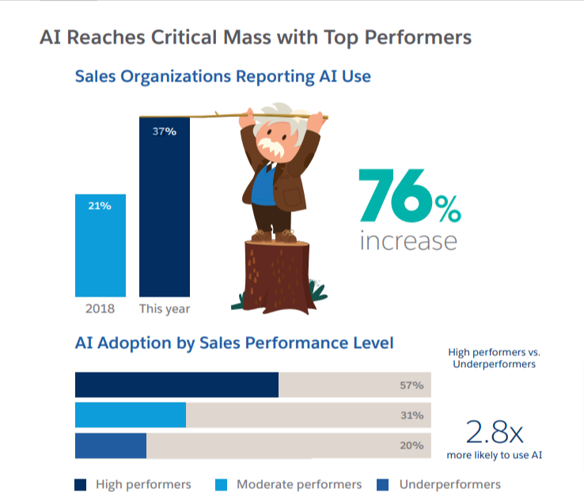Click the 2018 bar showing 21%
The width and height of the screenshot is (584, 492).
pos(100,245)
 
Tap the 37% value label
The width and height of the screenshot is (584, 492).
pos(164,131)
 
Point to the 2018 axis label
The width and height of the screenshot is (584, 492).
pos(100,308)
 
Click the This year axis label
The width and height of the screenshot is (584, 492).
pos(165,308)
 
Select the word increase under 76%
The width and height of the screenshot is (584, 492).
pos(408,240)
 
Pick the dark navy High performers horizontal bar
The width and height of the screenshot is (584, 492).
pos(176,385)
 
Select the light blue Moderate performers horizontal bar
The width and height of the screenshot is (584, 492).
pos(131,415)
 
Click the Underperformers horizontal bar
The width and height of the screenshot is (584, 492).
pos(111,445)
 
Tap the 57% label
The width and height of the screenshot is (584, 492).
pos(411,386)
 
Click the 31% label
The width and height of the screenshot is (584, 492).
pos(411,415)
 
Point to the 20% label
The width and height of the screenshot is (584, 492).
pos(411,445)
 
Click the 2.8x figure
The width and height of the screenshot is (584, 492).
pos(495,432)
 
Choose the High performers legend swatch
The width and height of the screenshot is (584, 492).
pos(80,484)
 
